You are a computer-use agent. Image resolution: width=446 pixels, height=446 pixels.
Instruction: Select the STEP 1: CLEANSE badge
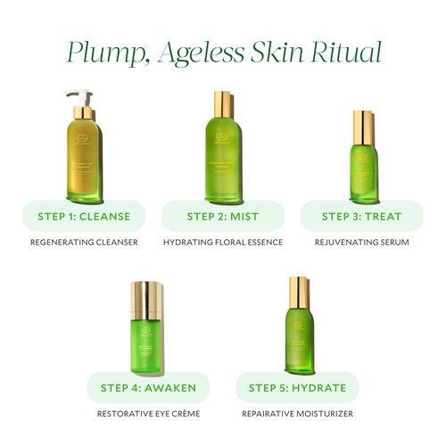click(x=84, y=216)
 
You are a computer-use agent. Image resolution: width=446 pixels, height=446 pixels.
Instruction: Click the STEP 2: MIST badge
click(x=222, y=216)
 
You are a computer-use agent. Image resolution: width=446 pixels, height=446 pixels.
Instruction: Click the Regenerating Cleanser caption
click(x=84, y=242)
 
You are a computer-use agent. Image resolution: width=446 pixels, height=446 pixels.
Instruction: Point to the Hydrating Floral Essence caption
click(x=222, y=242)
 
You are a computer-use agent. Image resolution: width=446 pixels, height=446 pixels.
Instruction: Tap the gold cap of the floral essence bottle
click(x=222, y=100)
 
